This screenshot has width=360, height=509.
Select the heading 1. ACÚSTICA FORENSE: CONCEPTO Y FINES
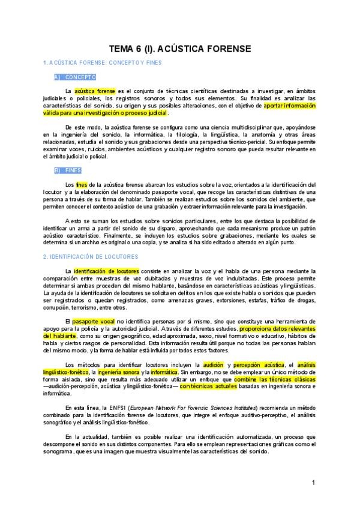(102, 62)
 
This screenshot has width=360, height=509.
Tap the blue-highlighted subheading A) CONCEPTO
(75, 77)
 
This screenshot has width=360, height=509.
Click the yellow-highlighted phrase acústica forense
(95, 91)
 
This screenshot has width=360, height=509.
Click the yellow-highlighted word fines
(82, 184)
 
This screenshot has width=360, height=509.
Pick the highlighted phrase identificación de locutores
(106, 271)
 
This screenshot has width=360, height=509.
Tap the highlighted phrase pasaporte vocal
(93, 322)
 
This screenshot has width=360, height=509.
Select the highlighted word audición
(213, 365)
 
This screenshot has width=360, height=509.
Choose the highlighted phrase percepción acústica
(259, 365)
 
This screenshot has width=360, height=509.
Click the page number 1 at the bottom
(313, 483)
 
